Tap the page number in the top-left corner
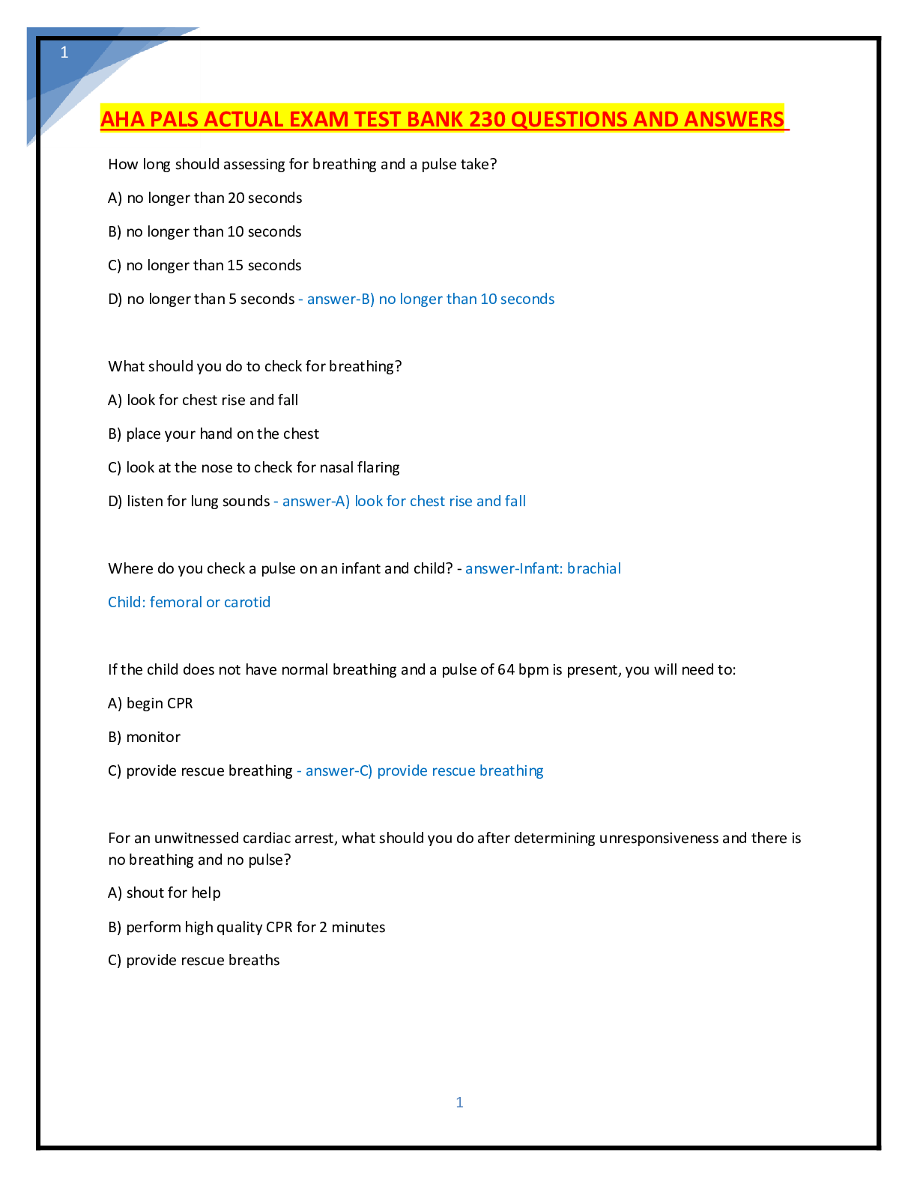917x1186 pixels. pos(64,52)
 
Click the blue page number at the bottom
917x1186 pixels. pos(459,1102)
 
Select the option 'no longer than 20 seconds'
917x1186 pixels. pos(205,198)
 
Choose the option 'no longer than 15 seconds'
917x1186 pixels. pos(205,265)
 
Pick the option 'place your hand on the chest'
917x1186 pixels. pos(214,434)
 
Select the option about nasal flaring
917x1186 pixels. pos(254,468)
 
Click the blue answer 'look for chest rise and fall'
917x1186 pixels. pos(441,501)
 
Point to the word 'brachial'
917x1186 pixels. pos(593,569)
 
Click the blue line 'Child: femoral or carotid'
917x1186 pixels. pos(189,602)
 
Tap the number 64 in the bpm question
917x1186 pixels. pos(506,669)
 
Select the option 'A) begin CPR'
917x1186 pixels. pos(150,704)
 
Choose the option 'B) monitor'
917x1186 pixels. pos(144,738)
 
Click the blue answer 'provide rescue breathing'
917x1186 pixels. pos(460,770)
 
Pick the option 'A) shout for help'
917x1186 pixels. pos(164,893)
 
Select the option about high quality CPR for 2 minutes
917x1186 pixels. pos(247,927)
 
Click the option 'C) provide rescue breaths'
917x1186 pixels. pos(194,961)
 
